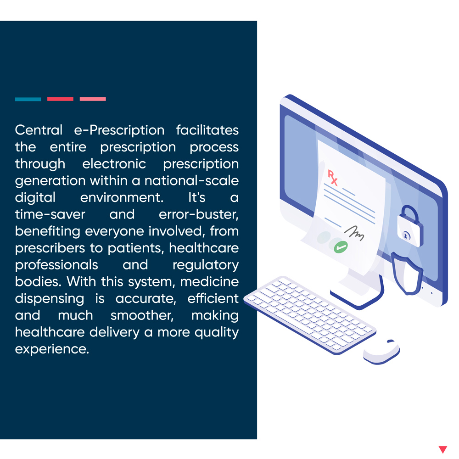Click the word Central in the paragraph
click(39, 130)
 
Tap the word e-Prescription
click(119, 130)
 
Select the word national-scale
click(191, 180)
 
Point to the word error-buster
click(199, 214)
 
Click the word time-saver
click(50, 214)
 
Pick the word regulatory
click(206, 265)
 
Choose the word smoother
click(142, 316)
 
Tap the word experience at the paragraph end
click(52, 349)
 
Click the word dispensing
click(50, 299)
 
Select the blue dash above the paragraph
click(28, 99)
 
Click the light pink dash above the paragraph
click(93, 99)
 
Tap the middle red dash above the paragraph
click(60, 99)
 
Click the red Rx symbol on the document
click(332, 178)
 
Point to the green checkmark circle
click(341, 247)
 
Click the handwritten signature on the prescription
click(354, 233)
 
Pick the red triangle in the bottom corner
click(443, 449)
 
